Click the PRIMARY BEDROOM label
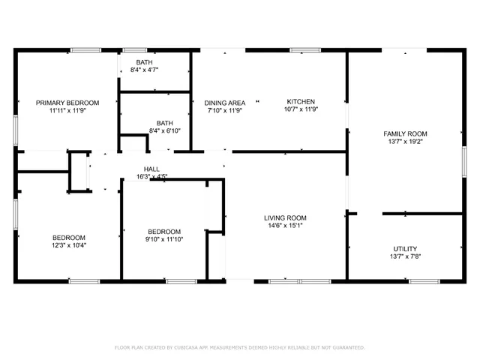click(68, 103)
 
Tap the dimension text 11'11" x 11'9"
click(68, 110)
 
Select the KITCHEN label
click(301, 102)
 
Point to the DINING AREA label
click(225, 103)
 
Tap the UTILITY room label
click(405, 249)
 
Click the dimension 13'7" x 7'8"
click(405, 256)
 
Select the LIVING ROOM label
click(286, 218)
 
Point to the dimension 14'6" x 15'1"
click(286, 226)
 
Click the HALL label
click(151, 169)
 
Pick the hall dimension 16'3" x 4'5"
click(151, 177)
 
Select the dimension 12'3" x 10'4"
click(68, 245)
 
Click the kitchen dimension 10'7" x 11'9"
click(301, 110)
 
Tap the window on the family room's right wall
click(464, 163)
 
